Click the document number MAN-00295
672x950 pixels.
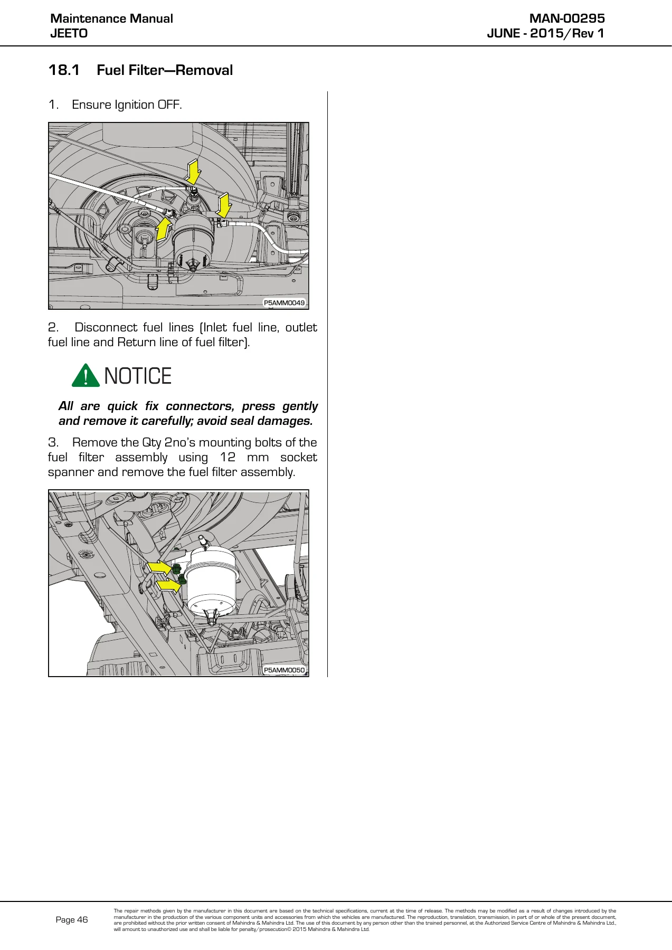click(x=567, y=18)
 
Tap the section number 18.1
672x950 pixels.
click(x=64, y=70)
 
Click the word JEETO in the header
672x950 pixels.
click(x=69, y=33)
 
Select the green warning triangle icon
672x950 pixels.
click(x=86, y=375)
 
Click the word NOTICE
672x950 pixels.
click(x=138, y=376)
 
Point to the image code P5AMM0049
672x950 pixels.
click(x=284, y=303)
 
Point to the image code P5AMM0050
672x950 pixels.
click(x=284, y=670)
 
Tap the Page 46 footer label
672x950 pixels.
click(x=72, y=919)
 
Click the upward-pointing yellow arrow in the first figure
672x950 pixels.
click(x=164, y=230)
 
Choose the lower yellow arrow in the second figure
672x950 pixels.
click(x=168, y=585)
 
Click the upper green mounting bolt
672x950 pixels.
click(x=176, y=569)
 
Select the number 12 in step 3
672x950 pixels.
click(x=228, y=457)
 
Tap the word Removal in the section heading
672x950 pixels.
click(x=204, y=70)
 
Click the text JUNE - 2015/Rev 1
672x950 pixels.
click(x=546, y=33)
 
